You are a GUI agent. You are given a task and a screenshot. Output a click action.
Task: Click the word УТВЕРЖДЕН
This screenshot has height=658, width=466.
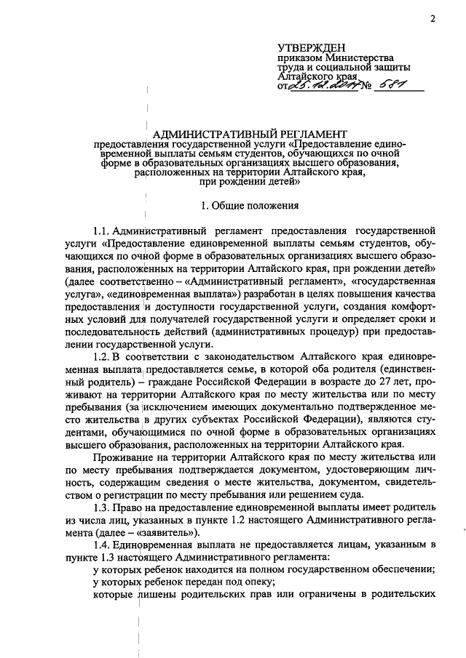(x=309, y=46)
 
